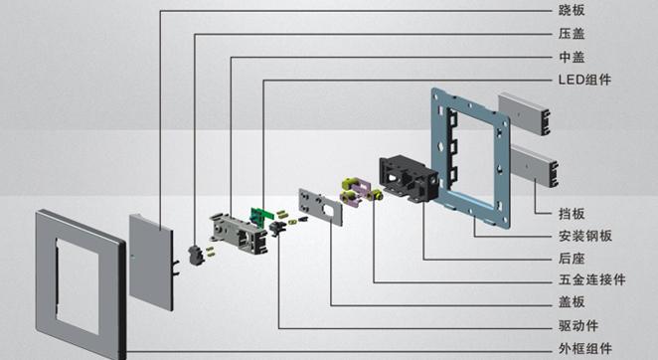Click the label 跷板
tap(572, 11)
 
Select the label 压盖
tap(572, 34)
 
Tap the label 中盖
tap(572, 57)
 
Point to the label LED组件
tap(584, 80)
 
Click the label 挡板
tap(572, 214)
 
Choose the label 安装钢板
tap(585, 236)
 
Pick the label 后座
tap(572, 259)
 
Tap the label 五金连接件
tap(591, 279)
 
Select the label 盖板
tap(572, 302)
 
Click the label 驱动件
tap(577, 325)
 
